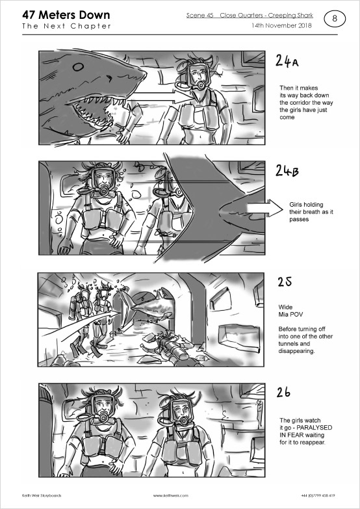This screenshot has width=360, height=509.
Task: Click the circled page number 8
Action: coord(335,19)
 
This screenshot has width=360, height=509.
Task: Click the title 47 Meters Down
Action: coord(66,15)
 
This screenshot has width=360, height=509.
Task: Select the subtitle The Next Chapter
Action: coord(66,26)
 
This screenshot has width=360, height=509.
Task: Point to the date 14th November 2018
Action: coord(281,25)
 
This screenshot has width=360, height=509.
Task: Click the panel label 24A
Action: coord(287,60)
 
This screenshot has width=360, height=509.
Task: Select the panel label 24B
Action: coord(287,170)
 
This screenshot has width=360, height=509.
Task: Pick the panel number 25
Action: coord(285,281)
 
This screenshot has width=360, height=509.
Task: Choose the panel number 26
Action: coord(283,393)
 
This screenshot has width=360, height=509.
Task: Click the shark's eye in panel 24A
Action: coord(78,67)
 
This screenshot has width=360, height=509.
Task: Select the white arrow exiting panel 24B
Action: coord(265,209)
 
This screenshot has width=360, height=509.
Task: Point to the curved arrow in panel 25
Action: coord(81,324)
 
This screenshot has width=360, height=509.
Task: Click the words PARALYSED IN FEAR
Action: coord(306,432)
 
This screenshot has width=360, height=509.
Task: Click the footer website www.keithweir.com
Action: coord(170,495)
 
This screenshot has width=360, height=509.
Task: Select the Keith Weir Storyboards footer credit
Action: coord(42,495)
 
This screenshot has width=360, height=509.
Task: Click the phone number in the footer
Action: coord(318,495)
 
